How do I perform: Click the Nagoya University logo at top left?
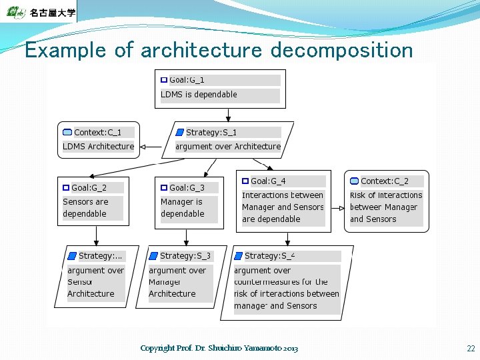(x=39, y=12)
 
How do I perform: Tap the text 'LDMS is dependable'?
(x=199, y=95)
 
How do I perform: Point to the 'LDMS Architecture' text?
(x=98, y=147)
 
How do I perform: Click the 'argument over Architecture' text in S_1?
(x=227, y=147)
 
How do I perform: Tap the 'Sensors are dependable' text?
(x=85, y=208)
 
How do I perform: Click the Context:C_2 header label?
(x=384, y=181)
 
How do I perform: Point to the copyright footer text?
(x=219, y=349)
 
